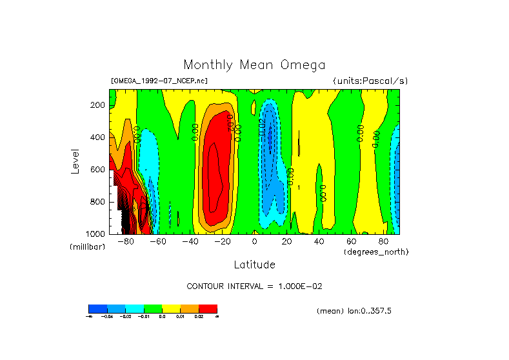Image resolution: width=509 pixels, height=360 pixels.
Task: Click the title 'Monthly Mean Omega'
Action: click(254, 65)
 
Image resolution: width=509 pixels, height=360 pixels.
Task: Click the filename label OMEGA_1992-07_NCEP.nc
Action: click(159, 81)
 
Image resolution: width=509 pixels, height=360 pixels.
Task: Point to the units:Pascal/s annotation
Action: click(370, 81)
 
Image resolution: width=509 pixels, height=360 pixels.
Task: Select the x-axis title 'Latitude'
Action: click(254, 265)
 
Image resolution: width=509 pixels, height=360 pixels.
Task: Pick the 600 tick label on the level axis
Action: click(98, 170)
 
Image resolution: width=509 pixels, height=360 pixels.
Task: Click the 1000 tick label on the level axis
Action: click(96, 234)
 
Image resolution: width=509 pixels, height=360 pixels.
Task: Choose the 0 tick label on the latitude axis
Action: click(254, 242)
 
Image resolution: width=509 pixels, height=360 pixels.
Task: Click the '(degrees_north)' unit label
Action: click(376, 251)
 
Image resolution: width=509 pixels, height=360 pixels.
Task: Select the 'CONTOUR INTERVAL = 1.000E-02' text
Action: click(259, 286)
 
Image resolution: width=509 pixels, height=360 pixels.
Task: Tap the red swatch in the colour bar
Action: click(208, 308)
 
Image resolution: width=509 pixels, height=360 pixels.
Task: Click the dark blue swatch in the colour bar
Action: click(97, 308)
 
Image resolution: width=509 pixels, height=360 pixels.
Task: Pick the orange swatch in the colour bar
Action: click(190, 308)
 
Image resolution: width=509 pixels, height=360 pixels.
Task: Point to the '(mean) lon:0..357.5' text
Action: click(354, 311)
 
